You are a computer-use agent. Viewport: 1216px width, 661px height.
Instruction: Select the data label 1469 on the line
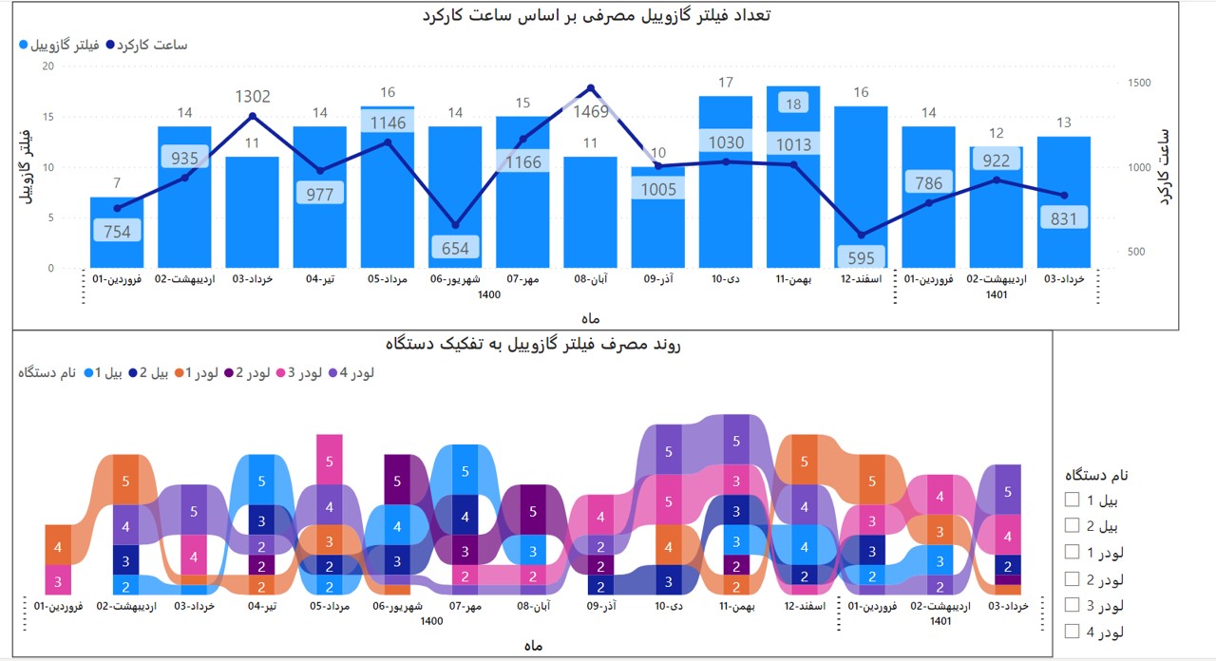590,112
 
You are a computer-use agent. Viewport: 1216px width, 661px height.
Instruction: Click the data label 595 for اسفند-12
861,257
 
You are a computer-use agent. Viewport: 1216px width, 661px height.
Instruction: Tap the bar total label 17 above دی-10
726,83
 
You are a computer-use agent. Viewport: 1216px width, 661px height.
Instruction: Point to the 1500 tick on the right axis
1139,84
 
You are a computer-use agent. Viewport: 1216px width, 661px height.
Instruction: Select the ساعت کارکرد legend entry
146,45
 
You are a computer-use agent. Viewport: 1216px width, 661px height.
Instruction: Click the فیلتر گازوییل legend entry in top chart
55,45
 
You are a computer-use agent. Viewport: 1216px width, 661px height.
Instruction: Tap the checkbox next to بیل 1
1073,500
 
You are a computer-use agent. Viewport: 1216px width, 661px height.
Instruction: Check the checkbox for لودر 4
1073,631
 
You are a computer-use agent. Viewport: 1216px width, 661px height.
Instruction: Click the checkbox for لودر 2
1073,578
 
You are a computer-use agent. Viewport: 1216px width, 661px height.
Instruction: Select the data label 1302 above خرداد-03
253,97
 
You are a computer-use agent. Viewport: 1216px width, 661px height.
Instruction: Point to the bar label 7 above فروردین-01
116,183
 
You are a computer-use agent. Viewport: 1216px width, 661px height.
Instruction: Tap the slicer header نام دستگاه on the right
1095,475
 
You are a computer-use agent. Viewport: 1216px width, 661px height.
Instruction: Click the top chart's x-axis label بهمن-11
793,280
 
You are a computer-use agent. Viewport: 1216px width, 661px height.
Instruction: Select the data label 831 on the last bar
1064,218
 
